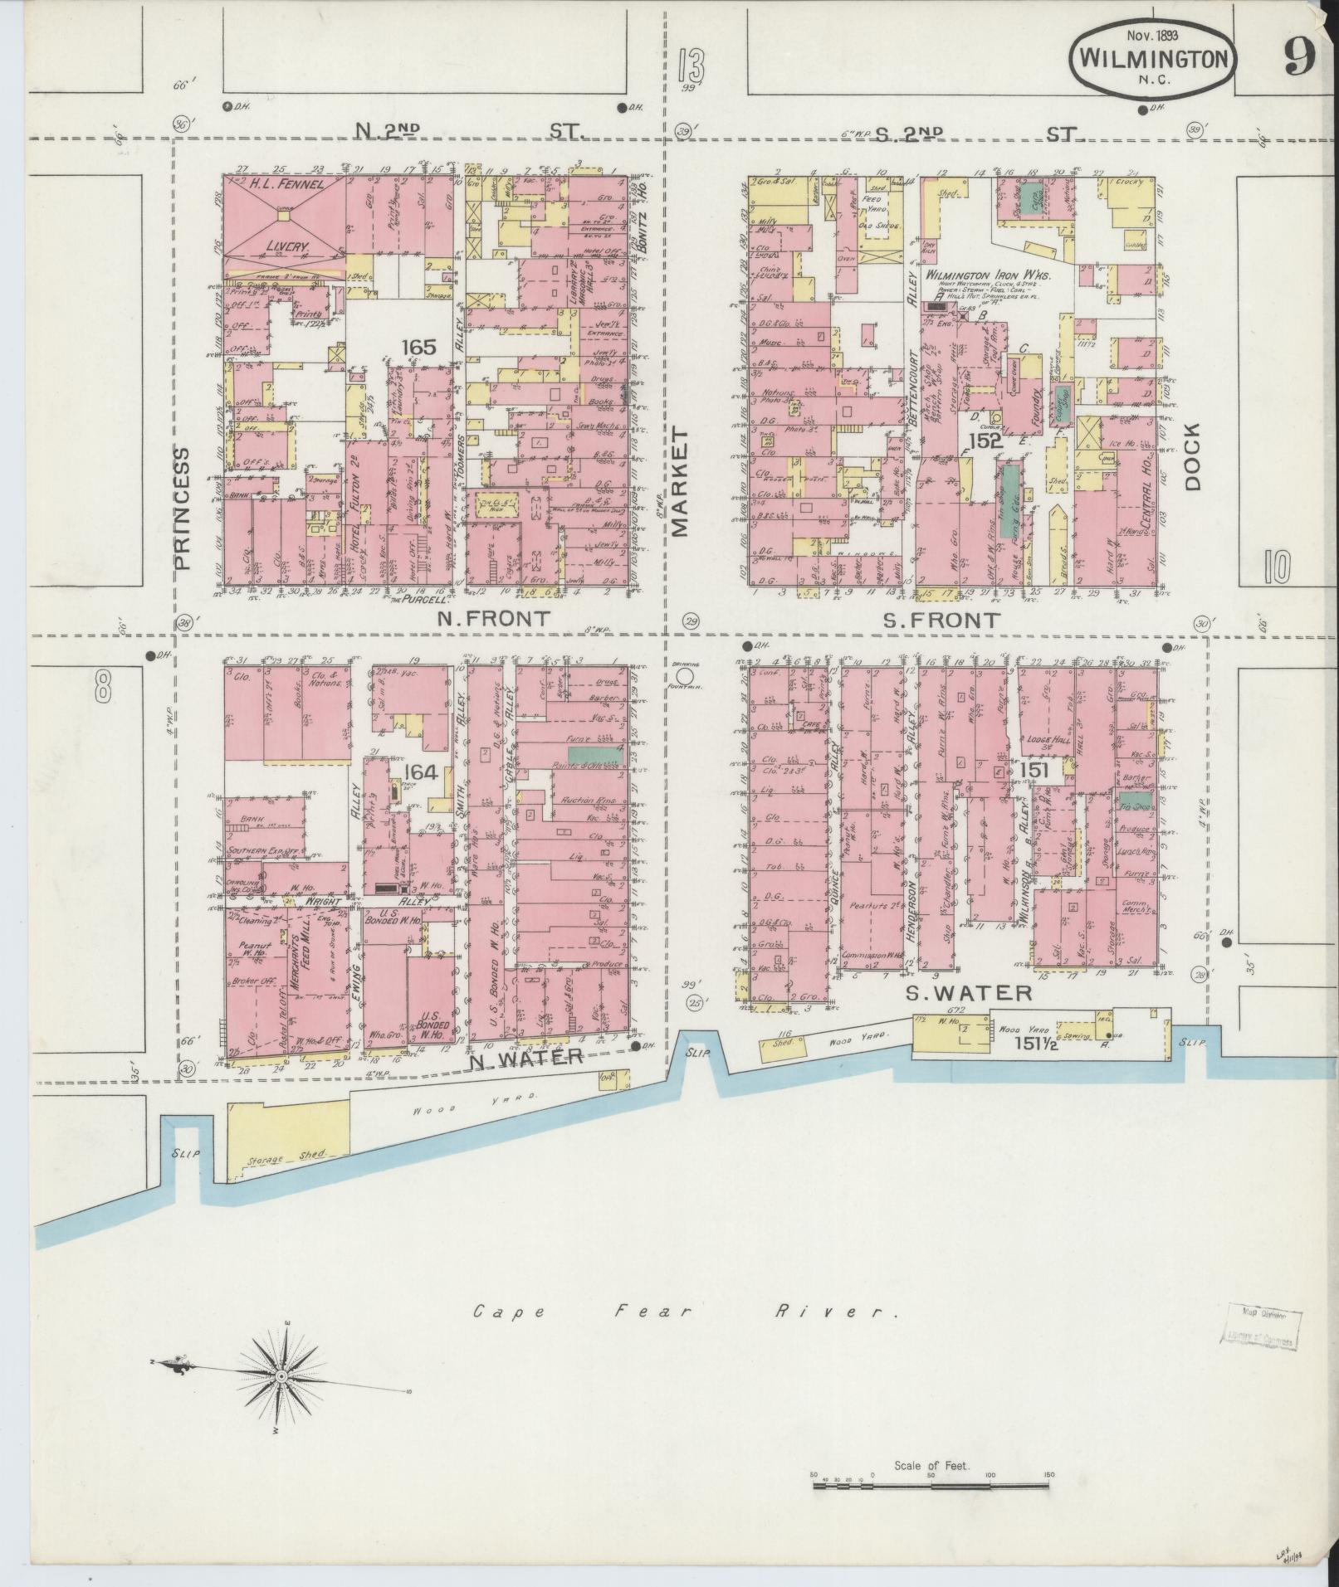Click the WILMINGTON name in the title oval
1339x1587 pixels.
click(x=1154, y=59)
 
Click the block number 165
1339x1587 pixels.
click(x=418, y=347)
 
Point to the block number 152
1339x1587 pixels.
click(x=985, y=441)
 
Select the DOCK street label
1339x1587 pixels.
click(x=1192, y=457)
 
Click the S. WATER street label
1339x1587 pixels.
click(x=968, y=992)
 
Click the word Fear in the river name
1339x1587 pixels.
click(x=638, y=1312)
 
